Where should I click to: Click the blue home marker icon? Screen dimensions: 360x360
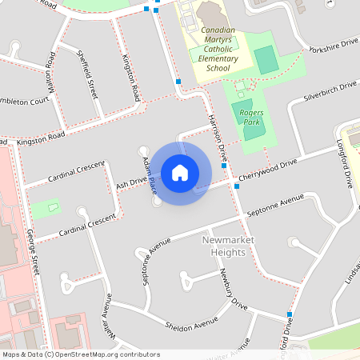pyautogui.click(x=180, y=172)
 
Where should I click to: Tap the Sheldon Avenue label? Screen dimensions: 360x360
pyautogui.click(x=191, y=323)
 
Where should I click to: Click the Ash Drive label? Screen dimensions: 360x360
pyautogui.click(x=133, y=183)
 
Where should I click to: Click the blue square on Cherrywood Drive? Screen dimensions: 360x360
pyautogui.click(x=236, y=186)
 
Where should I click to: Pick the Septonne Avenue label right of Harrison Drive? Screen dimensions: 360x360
pyautogui.click(x=277, y=206)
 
